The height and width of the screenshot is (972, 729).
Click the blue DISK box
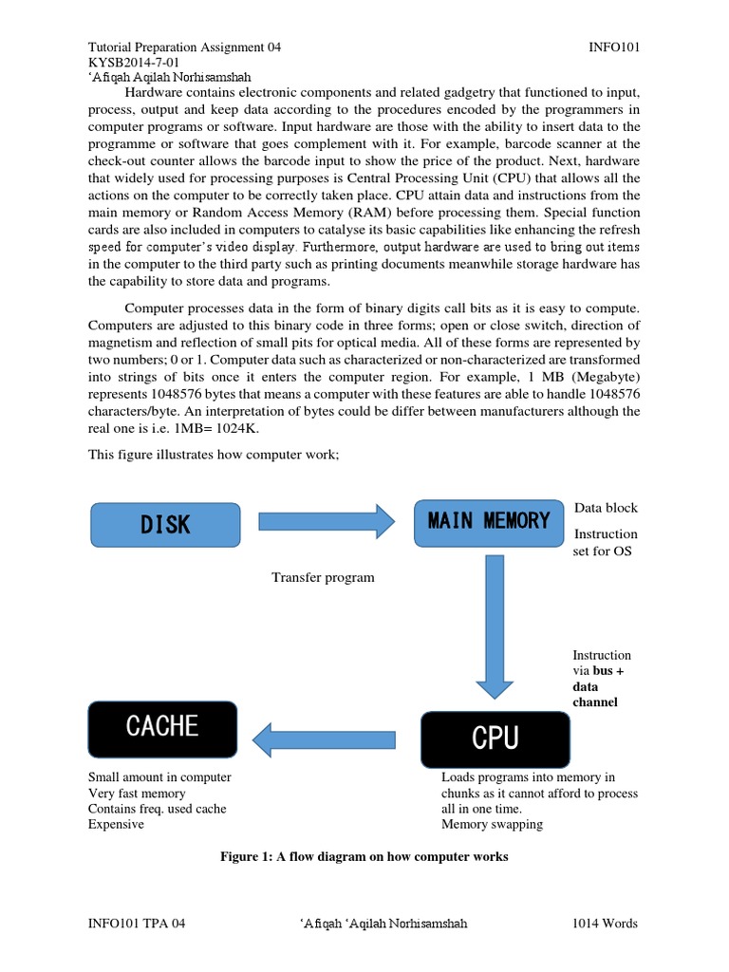[165, 524]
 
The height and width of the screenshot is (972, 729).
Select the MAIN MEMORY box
[488, 521]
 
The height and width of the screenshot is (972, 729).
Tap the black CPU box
[495, 738]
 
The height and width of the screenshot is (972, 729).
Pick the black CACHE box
[161, 728]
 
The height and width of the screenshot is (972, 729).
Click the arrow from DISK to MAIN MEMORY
[326, 521]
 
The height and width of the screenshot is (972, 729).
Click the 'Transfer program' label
[323, 577]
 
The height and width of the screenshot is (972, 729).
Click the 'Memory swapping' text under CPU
[492, 824]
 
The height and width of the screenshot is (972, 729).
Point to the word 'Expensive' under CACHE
[116, 824]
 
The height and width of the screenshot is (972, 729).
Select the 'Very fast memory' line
[137, 793]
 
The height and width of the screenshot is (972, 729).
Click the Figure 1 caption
[364, 856]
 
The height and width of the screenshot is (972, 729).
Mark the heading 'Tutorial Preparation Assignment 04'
[184, 47]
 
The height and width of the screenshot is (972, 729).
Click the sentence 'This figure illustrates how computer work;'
[214, 455]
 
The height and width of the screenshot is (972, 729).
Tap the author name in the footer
[382, 924]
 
